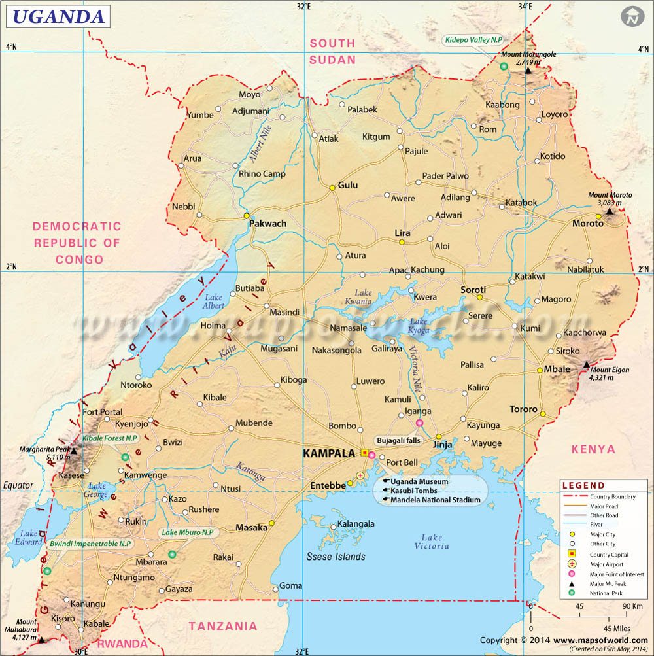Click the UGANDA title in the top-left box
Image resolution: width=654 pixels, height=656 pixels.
coord(58,16)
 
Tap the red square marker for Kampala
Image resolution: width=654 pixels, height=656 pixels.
coord(364,453)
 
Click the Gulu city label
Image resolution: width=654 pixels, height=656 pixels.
coord(347,185)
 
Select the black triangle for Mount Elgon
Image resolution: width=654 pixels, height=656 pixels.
coord(587,364)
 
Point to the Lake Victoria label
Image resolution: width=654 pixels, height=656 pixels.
coord(432,542)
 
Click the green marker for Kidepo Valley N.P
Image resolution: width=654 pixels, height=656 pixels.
coord(504,66)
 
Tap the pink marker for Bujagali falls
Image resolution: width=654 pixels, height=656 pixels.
coord(419,423)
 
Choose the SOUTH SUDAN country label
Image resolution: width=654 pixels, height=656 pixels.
coord(333,51)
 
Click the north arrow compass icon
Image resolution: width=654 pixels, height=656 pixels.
coord(631,18)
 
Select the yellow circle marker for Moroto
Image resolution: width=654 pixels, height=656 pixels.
coord(598,216)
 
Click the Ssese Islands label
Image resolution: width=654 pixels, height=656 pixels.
coord(336,557)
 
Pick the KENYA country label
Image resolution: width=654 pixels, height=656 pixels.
coord(593,449)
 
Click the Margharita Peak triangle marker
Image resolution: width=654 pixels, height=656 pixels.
coord(74,451)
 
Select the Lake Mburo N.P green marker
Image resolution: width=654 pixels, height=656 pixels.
coord(172,554)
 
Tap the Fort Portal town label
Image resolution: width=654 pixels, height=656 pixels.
coord(103,412)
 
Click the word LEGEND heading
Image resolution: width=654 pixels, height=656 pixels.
coord(583,485)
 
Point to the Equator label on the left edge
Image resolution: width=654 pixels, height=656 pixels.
coord(18,485)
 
